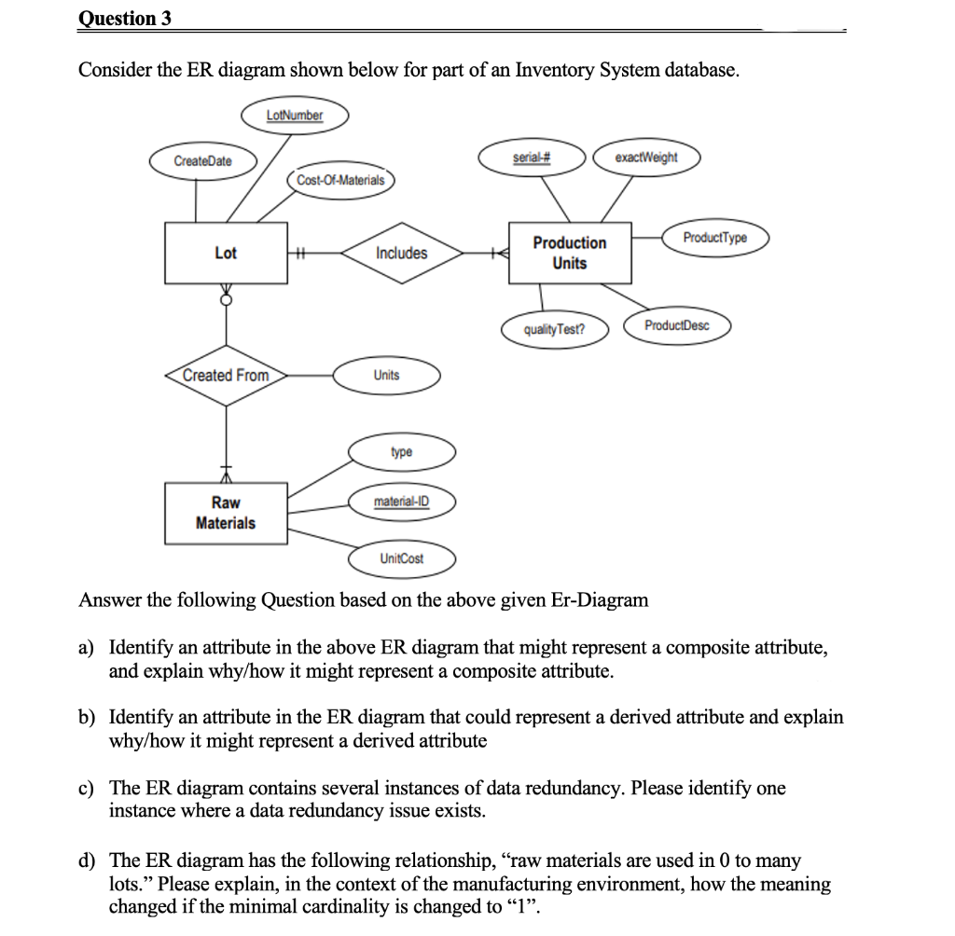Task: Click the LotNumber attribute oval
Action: click(x=295, y=116)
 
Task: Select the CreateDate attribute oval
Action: click(x=203, y=161)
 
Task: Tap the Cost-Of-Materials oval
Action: click(x=340, y=180)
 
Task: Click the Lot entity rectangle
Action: click(x=226, y=253)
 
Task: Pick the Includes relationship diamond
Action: click(x=402, y=253)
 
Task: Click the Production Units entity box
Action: click(x=570, y=253)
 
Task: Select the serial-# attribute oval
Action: click(x=532, y=158)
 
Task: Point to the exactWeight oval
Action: click(x=646, y=158)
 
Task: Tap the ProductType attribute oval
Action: click(x=714, y=238)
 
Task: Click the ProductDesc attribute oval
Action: click(x=677, y=325)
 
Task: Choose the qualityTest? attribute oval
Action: click(x=554, y=329)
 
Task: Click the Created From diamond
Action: click(x=226, y=375)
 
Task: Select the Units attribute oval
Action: click(x=386, y=375)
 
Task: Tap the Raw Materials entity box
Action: click(x=226, y=513)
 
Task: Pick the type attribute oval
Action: click(x=402, y=452)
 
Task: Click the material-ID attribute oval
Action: click(x=402, y=502)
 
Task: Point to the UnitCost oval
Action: click(x=402, y=558)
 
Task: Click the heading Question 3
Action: click(x=125, y=18)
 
